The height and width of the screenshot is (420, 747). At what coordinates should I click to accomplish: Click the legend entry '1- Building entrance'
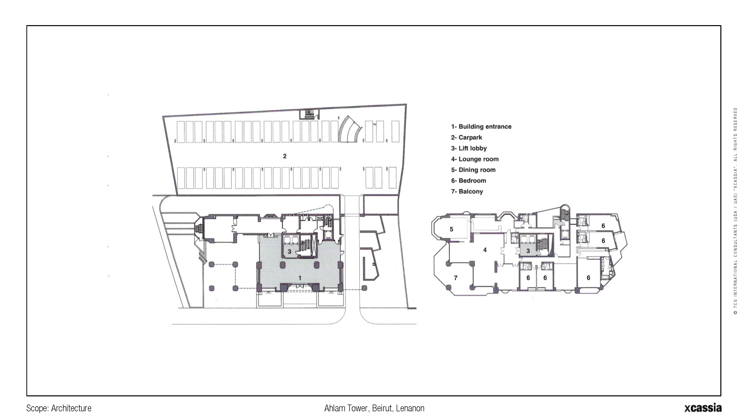coord(481,127)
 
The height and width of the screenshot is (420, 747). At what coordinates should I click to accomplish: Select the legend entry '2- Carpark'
coord(466,137)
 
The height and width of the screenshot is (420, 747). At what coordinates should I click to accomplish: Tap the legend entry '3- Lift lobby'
coord(469,148)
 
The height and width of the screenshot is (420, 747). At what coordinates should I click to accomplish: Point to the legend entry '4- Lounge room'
coord(475,159)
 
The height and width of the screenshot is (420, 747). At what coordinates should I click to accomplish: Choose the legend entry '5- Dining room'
coord(473,170)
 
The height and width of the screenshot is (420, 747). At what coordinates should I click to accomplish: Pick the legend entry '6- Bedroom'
coord(468,181)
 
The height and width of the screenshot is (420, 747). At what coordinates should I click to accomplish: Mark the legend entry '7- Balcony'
coord(467,192)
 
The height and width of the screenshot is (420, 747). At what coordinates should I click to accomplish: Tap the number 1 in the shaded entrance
coord(300,278)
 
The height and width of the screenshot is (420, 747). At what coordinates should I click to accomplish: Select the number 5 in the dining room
coord(451,229)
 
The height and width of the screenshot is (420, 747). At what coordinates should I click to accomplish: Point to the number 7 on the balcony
coord(456,278)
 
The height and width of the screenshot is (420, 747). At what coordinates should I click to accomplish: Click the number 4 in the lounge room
coord(485,250)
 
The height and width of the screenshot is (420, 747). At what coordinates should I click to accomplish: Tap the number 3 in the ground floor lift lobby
coord(289,252)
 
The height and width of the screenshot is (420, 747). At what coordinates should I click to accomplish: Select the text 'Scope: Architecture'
coord(59,408)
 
